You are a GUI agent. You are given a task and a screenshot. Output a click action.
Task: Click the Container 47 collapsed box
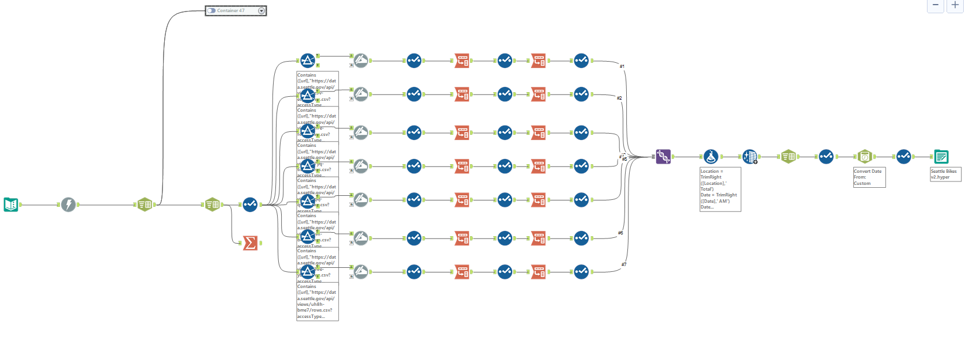(x=236, y=11)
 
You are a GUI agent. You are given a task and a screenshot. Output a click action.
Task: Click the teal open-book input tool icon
(x=11, y=204)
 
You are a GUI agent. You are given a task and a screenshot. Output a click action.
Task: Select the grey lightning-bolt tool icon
(x=69, y=204)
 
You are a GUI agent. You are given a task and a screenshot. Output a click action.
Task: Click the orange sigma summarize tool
(x=250, y=243)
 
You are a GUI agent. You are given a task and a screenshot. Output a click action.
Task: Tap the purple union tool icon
(x=664, y=157)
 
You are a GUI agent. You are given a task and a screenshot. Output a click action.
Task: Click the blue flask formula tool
(x=711, y=157)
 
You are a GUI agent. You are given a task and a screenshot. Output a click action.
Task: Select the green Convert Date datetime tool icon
(x=865, y=157)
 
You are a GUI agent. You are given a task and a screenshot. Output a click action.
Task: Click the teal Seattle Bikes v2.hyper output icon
(x=941, y=157)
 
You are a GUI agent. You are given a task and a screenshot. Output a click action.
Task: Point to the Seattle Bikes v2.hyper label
(x=945, y=175)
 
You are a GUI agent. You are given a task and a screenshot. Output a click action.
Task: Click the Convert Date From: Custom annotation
(x=869, y=177)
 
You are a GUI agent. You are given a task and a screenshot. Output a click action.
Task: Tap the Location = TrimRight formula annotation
(x=720, y=190)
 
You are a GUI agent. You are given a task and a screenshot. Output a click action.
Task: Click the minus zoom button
(x=936, y=5)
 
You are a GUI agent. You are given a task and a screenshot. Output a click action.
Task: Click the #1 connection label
(x=622, y=66)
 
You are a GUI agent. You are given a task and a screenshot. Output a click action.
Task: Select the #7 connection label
(x=624, y=264)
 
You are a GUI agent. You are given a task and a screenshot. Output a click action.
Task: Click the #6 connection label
(x=620, y=233)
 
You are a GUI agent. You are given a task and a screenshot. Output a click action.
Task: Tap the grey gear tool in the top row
(x=361, y=60)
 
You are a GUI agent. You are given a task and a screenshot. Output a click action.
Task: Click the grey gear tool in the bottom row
(x=361, y=272)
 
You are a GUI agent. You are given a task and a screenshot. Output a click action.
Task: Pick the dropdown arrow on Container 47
(x=262, y=11)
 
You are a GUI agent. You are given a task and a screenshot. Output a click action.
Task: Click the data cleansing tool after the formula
(x=750, y=157)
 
